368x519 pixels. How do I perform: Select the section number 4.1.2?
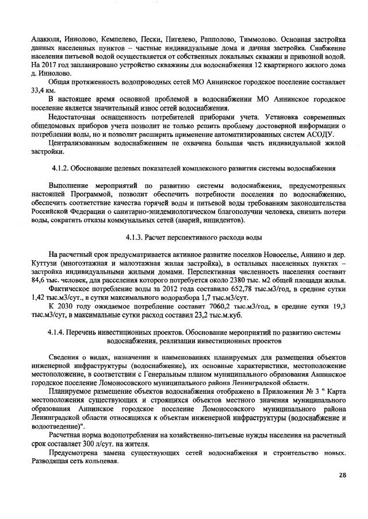pos(60,167)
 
